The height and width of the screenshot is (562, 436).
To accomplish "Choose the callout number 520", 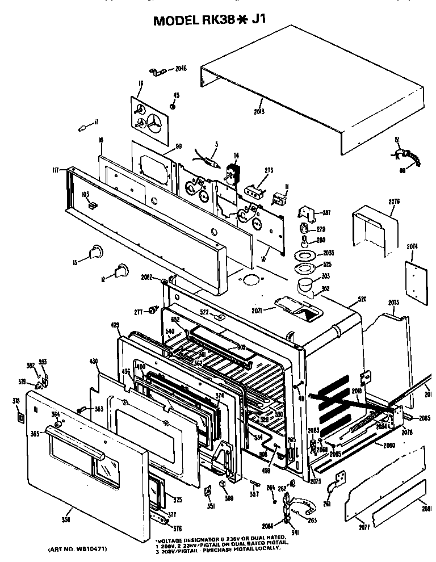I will (x=362, y=299).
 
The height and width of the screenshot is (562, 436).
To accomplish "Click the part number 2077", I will (x=364, y=527).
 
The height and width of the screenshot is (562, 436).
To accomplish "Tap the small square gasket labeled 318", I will (x=21, y=418).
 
